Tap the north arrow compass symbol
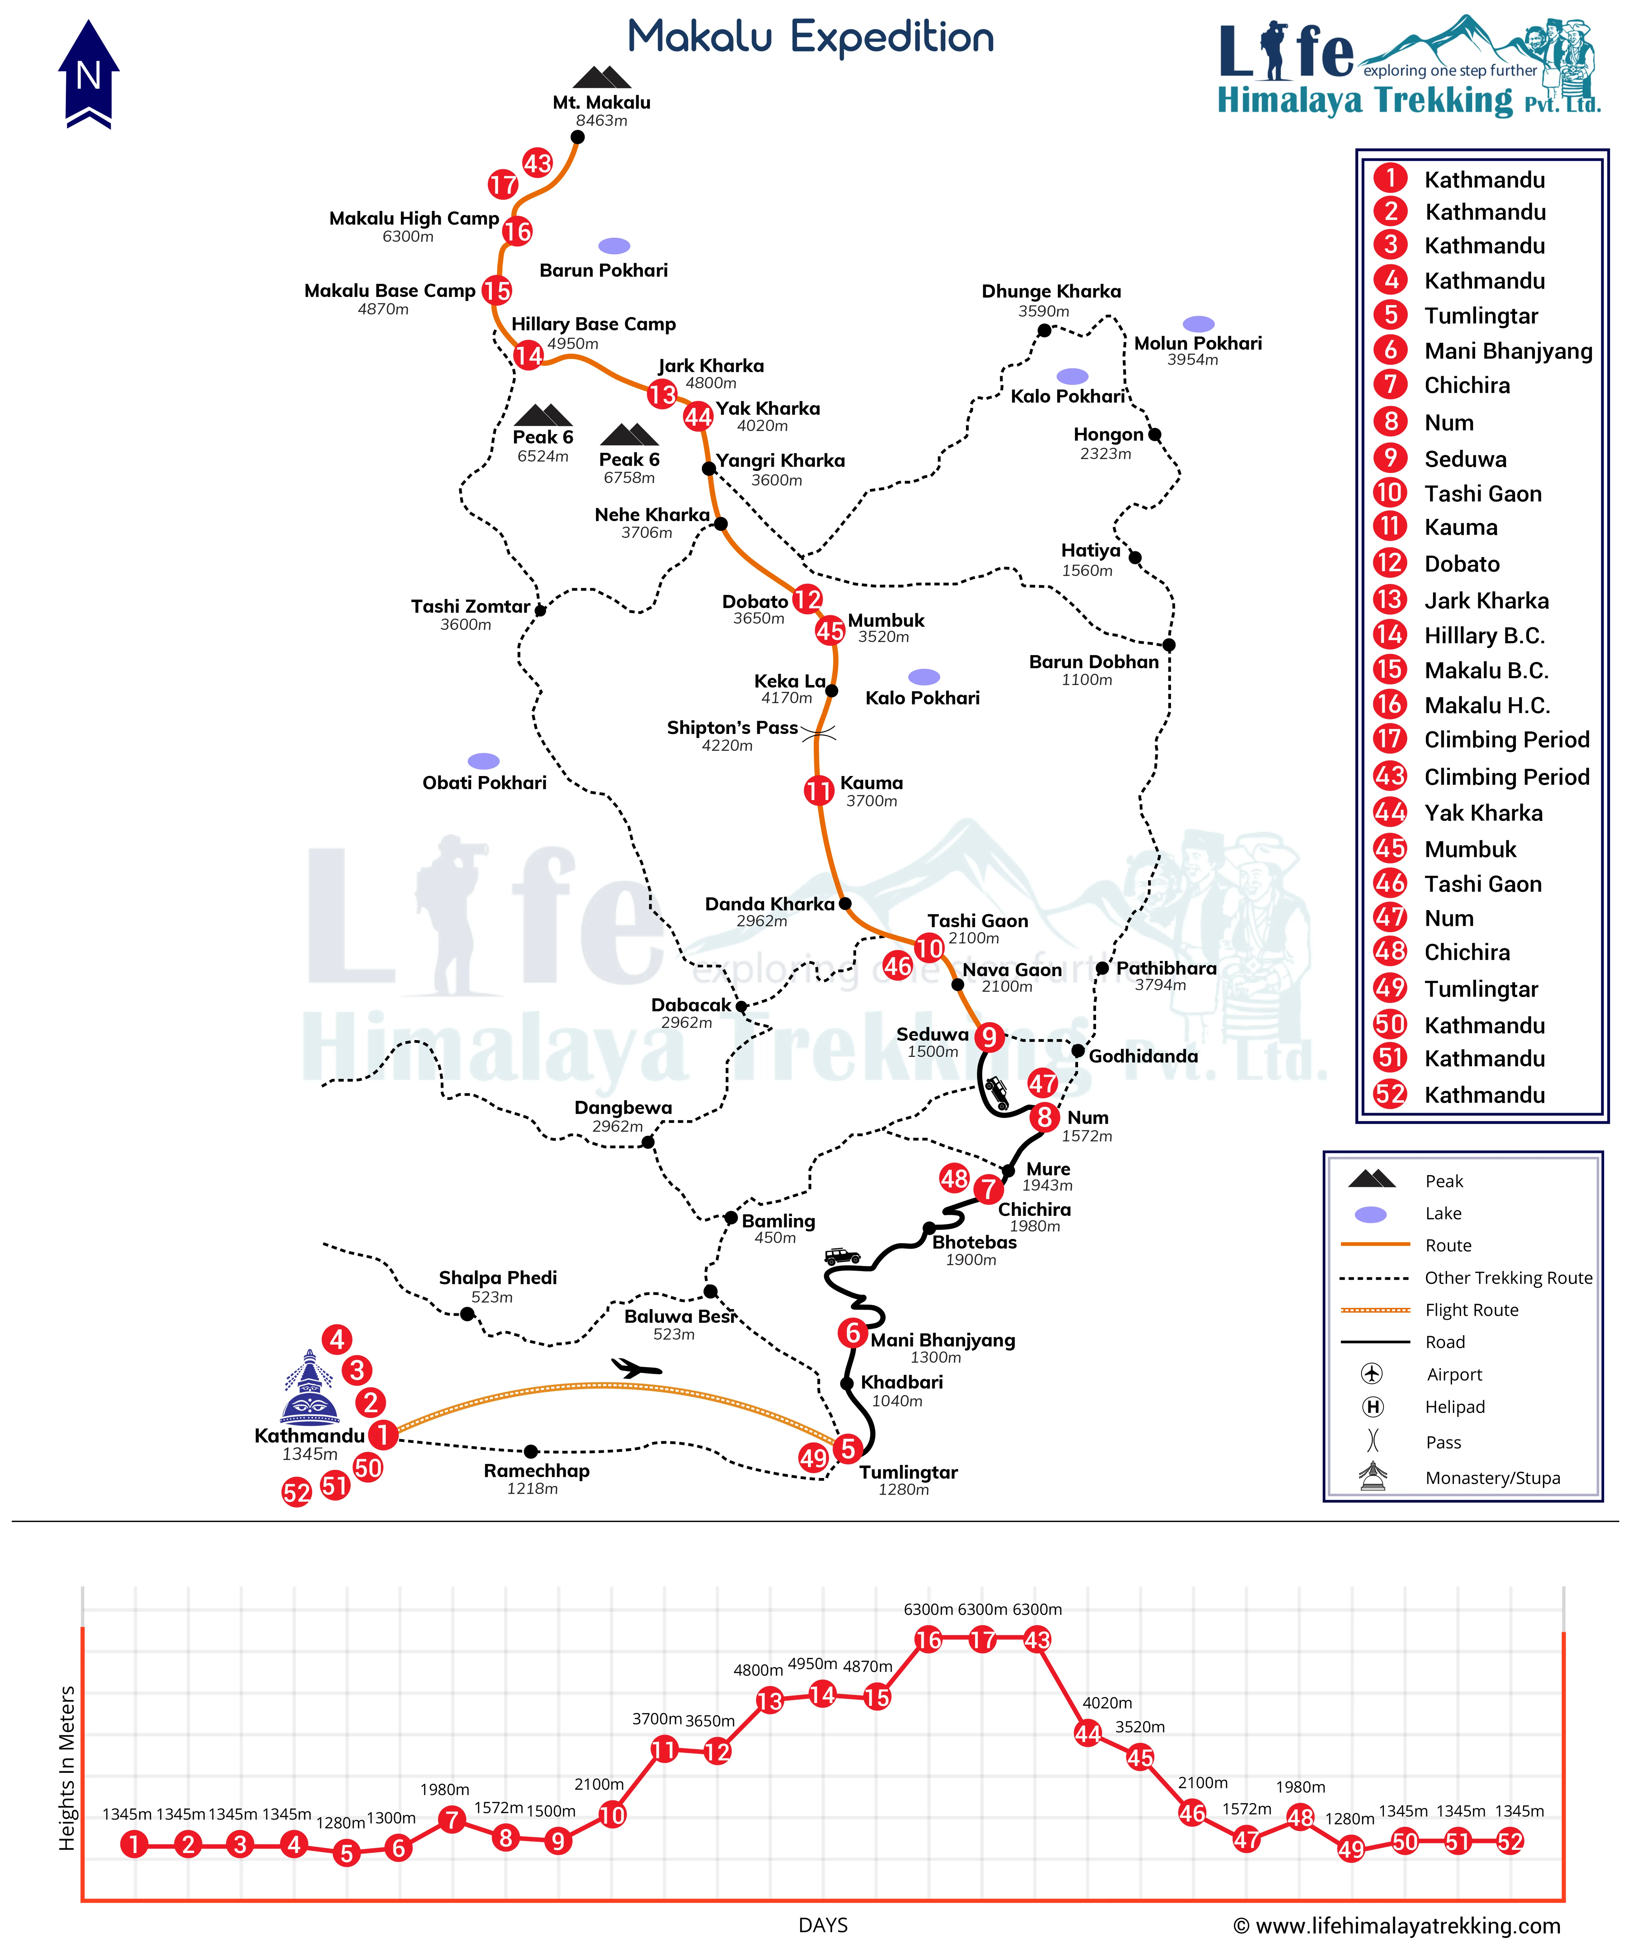tap(88, 74)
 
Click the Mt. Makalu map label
tap(601, 102)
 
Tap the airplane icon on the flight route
tap(637, 1367)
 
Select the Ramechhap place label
tap(536, 1470)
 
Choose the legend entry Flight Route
tap(1471, 1310)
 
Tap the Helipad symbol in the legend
tap(1373, 1406)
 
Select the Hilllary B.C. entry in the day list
tap(1484, 636)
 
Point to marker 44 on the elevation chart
tap(1087, 1733)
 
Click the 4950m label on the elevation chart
tap(812, 1664)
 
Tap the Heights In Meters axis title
tap(67, 1768)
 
